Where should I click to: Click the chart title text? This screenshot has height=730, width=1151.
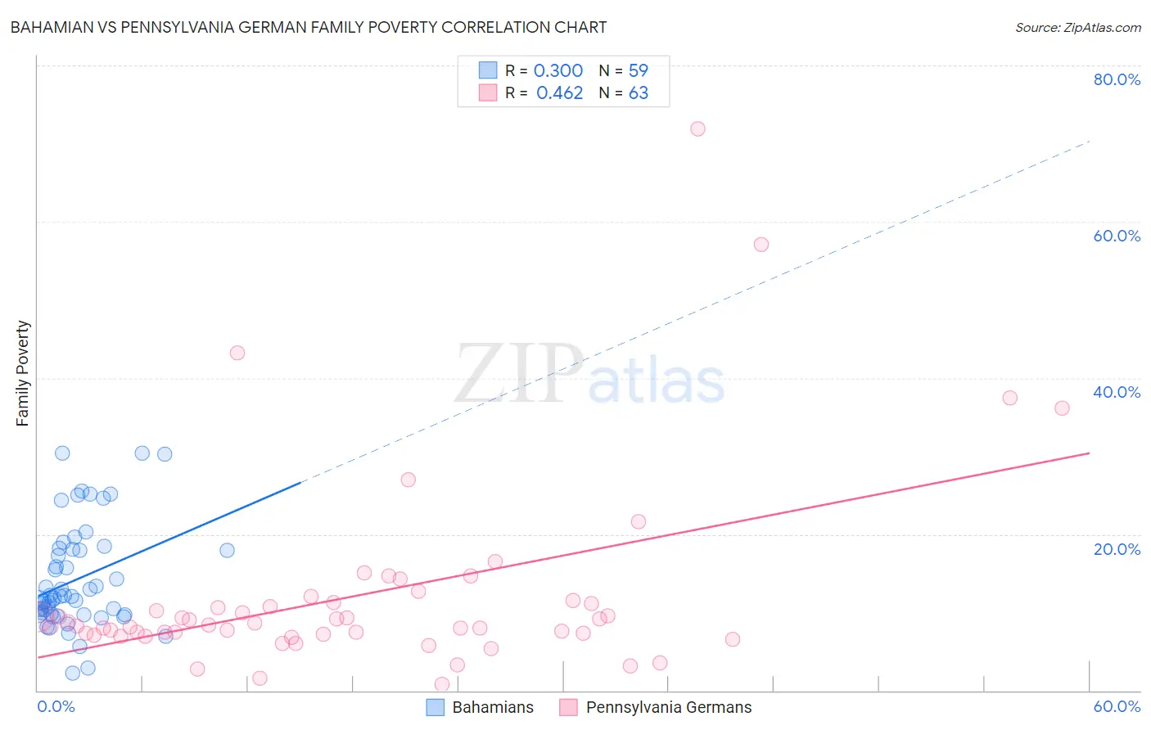(308, 27)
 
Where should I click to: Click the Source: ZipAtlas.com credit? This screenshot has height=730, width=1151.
(1077, 28)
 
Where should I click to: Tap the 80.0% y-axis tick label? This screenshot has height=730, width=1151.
(1117, 79)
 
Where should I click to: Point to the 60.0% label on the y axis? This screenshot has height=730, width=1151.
(1117, 236)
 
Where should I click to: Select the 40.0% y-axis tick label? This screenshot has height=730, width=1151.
(1117, 392)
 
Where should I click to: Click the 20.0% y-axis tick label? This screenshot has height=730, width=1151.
(1117, 549)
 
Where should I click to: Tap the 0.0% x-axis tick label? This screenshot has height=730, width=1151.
(56, 706)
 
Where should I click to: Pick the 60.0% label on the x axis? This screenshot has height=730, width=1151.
(1117, 706)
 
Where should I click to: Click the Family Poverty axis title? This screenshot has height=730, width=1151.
(23, 373)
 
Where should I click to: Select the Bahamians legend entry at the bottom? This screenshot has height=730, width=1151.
(481, 707)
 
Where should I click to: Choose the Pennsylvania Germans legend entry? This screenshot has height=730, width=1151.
(656, 707)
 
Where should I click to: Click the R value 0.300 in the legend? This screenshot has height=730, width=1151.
(558, 71)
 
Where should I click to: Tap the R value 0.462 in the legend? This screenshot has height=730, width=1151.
(559, 93)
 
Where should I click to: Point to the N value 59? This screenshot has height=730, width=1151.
(639, 71)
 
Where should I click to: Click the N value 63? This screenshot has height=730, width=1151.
(639, 93)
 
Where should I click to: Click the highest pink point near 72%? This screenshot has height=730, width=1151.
(697, 128)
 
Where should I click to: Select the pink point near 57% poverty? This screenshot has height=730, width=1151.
(761, 245)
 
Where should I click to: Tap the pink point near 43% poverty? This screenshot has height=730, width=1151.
(237, 353)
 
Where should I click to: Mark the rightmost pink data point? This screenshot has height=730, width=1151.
(1062, 408)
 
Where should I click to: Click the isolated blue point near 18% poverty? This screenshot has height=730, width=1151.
(228, 550)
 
